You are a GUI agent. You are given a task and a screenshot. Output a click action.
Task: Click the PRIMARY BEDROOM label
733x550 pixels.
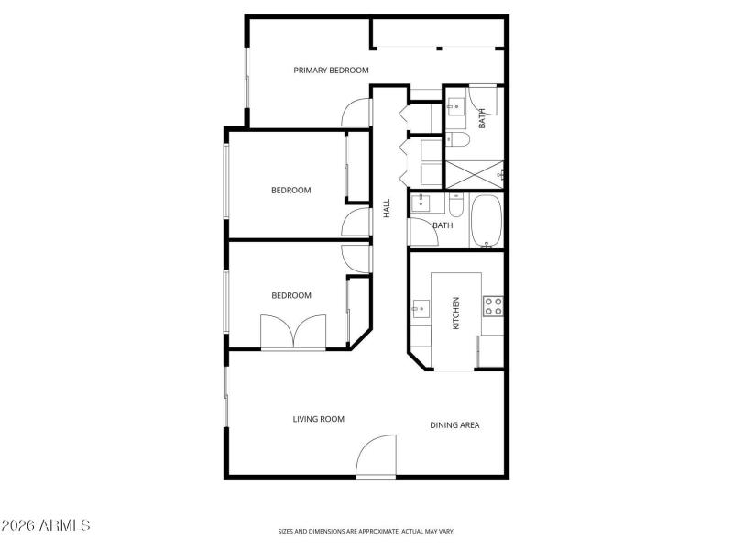[x=331, y=71]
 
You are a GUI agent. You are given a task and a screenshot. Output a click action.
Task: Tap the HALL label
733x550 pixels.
[x=387, y=208]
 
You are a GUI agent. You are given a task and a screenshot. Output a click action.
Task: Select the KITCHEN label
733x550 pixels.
[x=455, y=313]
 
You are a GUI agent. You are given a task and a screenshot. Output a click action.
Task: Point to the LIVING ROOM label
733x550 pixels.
[x=318, y=419]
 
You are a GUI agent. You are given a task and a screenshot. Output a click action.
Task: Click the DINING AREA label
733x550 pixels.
[x=455, y=424]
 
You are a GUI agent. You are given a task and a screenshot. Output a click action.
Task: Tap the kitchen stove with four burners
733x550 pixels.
[x=494, y=305]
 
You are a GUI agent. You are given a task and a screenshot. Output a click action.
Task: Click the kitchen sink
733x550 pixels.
[x=419, y=309]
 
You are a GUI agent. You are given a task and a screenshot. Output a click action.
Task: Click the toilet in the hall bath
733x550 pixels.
[x=458, y=205]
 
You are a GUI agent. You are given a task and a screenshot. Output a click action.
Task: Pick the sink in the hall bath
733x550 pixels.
[x=422, y=204]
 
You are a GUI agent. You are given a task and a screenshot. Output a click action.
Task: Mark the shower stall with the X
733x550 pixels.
[x=474, y=172]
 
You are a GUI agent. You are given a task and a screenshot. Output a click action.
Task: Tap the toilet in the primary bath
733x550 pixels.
[x=457, y=139]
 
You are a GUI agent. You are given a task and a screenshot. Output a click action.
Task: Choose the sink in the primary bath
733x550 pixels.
[x=454, y=107]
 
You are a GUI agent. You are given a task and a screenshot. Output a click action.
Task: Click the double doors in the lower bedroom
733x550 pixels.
[x=293, y=332]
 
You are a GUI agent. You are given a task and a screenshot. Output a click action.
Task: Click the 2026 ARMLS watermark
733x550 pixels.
[x=46, y=526]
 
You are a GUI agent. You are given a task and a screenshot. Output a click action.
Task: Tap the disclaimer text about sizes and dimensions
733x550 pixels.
[x=366, y=531]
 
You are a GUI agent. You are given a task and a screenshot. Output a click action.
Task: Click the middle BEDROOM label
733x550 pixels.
[x=290, y=191]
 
